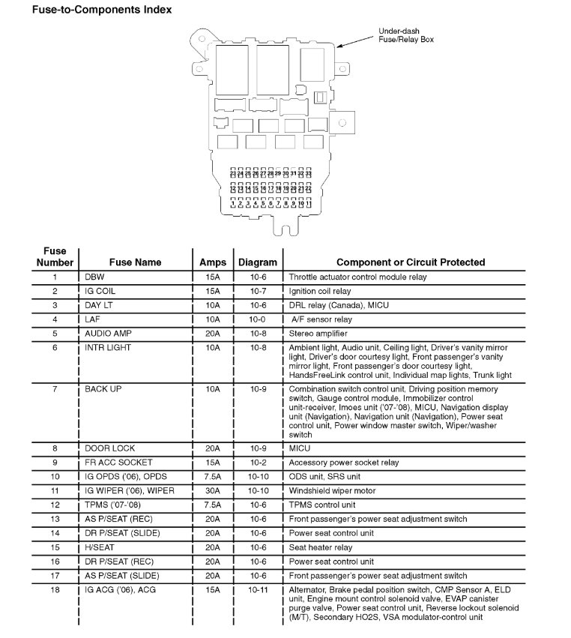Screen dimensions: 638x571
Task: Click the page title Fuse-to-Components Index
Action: click(x=91, y=10)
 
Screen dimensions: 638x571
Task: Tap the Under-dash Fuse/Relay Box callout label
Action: click(x=406, y=35)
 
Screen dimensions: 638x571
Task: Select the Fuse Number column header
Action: click(x=55, y=256)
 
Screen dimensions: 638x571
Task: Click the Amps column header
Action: click(x=213, y=262)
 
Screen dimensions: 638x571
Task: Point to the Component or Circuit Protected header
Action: click(x=410, y=262)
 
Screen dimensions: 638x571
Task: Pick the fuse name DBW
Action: click(x=94, y=277)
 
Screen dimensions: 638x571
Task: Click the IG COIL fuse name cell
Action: click(x=100, y=291)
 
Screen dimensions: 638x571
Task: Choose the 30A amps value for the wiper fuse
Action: click(x=213, y=490)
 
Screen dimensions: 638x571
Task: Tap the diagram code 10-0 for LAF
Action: click(x=257, y=319)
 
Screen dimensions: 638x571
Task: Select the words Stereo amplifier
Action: click(x=318, y=334)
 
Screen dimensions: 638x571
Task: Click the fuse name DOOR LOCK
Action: click(x=109, y=448)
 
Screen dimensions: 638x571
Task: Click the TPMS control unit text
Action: click(x=323, y=505)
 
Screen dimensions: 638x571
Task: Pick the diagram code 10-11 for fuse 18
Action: click(x=257, y=590)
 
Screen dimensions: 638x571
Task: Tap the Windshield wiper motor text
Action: click(x=333, y=490)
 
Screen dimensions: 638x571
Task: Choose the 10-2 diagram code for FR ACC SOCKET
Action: click(x=257, y=463)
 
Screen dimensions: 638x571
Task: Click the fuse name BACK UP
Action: click(x=103, y=390)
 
